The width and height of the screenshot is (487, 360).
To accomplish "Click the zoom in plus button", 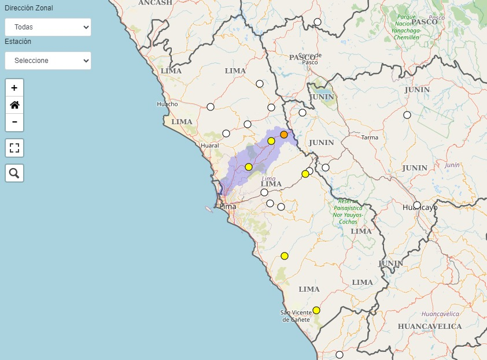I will (14, 88).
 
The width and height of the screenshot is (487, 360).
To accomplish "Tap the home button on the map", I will (14, 105).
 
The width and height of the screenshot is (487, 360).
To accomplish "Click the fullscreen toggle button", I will (14, 147).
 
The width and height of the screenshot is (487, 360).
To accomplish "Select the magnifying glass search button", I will (14, 173).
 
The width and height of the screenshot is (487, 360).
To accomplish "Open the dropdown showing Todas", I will (48, 27).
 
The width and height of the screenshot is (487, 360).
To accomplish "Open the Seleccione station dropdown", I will (48, 61).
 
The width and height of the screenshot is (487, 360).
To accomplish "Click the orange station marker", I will (284, 135).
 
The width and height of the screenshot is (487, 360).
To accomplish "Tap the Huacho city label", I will (167, 104).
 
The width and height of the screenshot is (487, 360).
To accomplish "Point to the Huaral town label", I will (209, 146).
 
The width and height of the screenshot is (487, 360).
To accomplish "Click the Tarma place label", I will (369, 138).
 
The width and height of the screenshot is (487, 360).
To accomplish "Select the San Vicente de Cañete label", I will (296, 316).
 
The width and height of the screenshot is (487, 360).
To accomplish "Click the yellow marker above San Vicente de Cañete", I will (316, 310).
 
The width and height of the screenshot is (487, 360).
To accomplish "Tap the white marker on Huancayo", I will (417, 205).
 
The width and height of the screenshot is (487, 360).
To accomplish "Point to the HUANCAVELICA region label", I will (430, 326).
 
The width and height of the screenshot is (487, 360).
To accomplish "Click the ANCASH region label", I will (155, 3).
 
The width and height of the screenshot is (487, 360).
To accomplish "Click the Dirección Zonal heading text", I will (29, 8).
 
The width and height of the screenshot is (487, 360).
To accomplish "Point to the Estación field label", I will (18, 42).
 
